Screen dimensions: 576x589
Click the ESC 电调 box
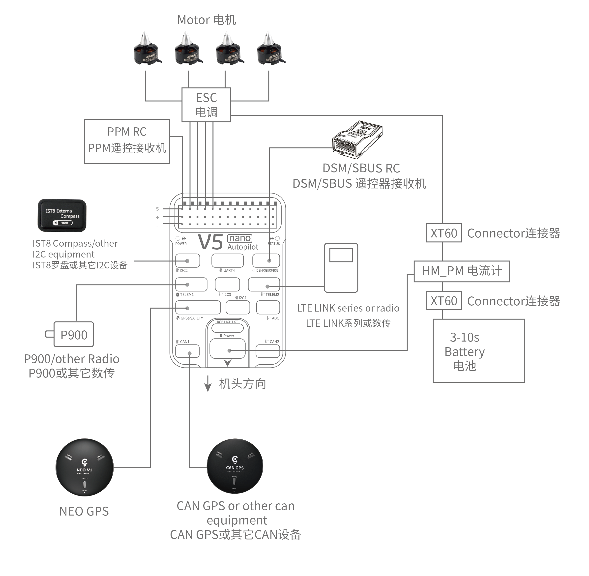point(206,105)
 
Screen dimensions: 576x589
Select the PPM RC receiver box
point(127,141)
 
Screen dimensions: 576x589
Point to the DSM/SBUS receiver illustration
point(357,139)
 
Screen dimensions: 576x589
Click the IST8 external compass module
point(62,215)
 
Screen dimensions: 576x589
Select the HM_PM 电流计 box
point(461,271)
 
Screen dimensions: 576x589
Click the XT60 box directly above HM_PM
point(444,233)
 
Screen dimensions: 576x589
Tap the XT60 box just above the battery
point(444,301)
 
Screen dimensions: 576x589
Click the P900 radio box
point(74,334)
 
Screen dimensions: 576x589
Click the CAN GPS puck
point(235,466)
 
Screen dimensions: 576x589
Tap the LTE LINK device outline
point(341,267)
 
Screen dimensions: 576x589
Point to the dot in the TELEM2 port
point(267,287)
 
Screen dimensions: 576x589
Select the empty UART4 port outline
point(228,260)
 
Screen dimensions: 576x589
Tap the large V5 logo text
point(210,242)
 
